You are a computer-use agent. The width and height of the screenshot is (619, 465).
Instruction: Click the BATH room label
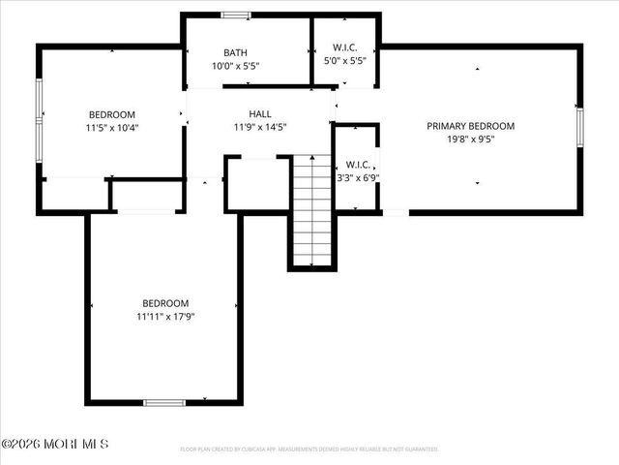[x=235, y=53]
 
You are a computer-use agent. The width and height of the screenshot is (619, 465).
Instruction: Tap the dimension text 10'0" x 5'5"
[x=235, y=66]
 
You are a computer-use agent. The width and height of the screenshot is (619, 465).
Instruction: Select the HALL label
[x=259, y=113]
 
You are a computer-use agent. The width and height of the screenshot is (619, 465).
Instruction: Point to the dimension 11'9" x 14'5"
[x=259, y=126]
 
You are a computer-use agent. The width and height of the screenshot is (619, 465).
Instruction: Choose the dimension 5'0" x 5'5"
[x=345, y=59]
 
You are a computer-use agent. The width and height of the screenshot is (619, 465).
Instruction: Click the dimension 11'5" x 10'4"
[x=112, y=127]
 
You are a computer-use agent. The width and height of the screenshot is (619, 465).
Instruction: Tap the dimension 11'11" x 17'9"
[x=165, y=316]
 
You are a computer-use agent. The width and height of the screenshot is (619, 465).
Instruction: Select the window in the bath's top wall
[x=235, y=15]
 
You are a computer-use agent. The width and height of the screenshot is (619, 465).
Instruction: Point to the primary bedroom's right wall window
[x=580, y=126]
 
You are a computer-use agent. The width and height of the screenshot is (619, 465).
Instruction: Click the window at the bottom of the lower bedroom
[x=164, y=402]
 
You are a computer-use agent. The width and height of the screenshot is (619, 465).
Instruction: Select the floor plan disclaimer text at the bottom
[x=309, y=449]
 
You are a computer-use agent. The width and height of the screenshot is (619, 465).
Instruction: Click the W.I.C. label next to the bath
[x=345, y=46]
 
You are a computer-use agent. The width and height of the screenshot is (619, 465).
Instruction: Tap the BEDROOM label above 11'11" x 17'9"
[x=165, y=303]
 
